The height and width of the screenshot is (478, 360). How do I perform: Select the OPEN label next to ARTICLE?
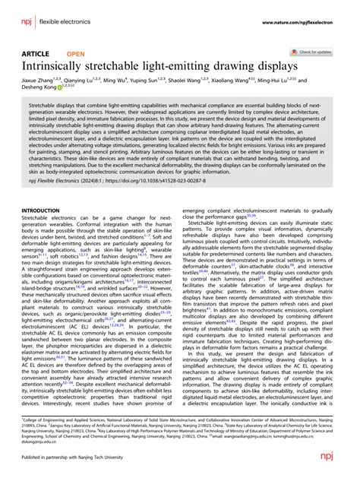(x=76, y=55)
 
